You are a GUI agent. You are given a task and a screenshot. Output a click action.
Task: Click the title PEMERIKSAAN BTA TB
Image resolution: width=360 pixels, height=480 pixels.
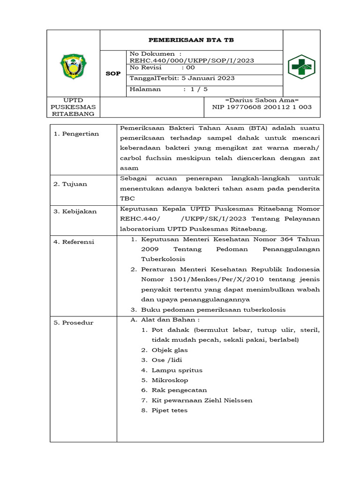191,40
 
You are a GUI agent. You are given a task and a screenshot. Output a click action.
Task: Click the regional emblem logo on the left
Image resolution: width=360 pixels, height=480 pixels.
73,66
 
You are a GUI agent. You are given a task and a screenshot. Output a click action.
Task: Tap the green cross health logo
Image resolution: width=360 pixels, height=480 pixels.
301,66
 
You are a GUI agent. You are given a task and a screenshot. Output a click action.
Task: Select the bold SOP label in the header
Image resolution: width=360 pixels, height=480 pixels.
113,74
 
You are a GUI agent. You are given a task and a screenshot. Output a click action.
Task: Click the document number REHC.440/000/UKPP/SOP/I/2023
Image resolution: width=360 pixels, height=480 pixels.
192,60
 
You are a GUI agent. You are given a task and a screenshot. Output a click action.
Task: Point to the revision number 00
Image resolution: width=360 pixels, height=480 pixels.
191,67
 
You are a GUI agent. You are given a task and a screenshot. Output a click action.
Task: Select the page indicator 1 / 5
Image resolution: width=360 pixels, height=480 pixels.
195,89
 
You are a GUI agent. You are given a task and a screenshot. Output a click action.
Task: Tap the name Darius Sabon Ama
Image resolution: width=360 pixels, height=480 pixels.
262,100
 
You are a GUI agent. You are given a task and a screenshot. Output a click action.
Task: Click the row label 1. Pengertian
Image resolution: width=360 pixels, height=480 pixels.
76,134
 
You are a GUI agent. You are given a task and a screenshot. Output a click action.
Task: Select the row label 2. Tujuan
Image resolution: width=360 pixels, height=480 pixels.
70,184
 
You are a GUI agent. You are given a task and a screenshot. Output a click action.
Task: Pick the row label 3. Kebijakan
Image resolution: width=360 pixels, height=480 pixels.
75,211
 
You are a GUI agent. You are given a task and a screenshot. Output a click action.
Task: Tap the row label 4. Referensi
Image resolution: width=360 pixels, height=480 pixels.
74,242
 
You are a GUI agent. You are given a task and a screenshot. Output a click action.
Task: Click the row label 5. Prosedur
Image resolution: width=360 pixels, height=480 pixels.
73,322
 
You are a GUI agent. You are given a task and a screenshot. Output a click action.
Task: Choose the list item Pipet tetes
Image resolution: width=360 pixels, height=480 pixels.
169,410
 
